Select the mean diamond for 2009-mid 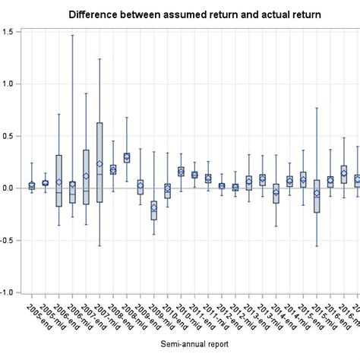(154, 207)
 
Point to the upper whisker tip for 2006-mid (72, 35)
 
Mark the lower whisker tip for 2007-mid (99, 246)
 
